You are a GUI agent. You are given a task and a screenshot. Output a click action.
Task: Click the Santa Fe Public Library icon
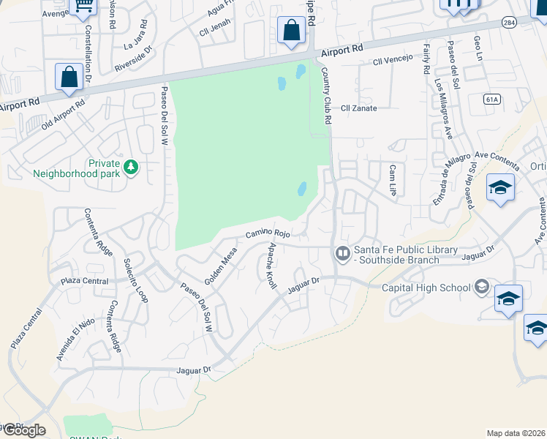(x=342, y=253)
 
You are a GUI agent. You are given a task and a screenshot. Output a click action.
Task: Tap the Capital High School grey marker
(x=481, y=287)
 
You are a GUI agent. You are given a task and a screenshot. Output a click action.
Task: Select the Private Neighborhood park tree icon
(x=131, y=168)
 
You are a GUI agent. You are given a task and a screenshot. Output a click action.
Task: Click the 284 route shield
(x=509, y=23)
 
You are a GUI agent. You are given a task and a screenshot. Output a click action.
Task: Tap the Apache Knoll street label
(x=273, y=266)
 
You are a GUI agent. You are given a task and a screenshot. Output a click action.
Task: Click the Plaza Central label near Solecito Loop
(x=85, y=281)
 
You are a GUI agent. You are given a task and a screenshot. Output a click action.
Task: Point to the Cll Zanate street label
(x=358, y=108)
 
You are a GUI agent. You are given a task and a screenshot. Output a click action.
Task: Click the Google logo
(x=23, y=430)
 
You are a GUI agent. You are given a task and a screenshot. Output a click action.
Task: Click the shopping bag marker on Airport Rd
(x=291, y=31)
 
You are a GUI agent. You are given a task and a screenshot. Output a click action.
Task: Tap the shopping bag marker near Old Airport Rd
(x=69, y=77)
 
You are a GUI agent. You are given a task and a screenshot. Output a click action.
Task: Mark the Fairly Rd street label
(x=426, y=59)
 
